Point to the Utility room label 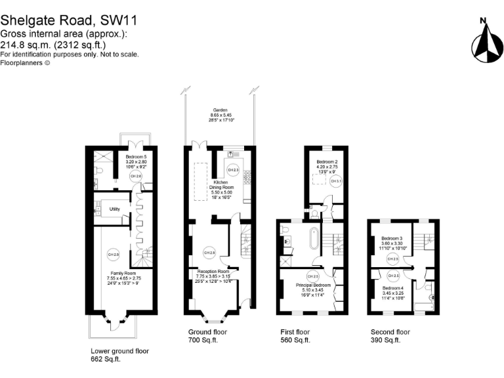[x=115, y=209]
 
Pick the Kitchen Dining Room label [x=219, y=184]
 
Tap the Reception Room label [x=213, y=271]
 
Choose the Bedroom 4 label [x=392, y=288]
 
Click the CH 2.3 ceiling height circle [x=226, y=169]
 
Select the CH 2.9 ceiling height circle [x=209, y=252]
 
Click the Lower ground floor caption [x=119, y=351]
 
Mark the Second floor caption [x=390, y=332]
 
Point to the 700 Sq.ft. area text [x=203, y=341]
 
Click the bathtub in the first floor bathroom [x=314, y=238]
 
